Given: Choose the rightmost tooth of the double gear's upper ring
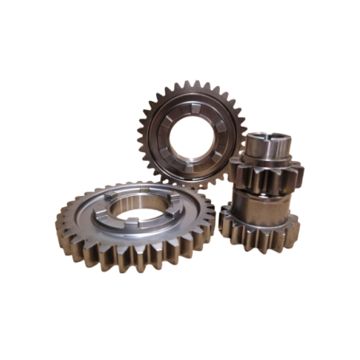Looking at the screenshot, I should coord(300,169).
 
